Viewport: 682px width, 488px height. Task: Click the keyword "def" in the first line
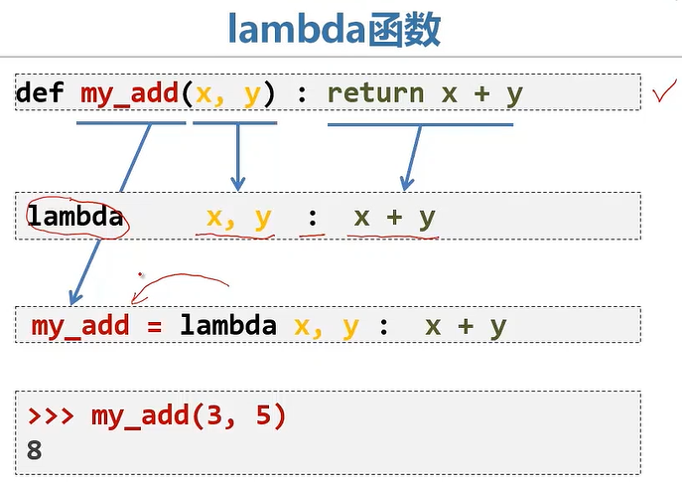point(41,93)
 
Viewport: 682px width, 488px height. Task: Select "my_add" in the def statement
point(128,93)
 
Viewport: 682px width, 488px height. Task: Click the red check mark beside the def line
point(664,94)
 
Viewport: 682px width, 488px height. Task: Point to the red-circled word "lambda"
point(75,216)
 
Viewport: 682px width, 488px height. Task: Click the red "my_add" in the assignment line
point(80,326)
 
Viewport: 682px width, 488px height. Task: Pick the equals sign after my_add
point(155,326)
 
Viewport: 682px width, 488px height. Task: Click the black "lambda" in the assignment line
point(228,326)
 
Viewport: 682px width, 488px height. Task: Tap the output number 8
point(35,449)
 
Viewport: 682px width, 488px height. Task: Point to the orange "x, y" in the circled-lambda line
point(238,217)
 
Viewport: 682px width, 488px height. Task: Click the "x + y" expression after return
point(480,93)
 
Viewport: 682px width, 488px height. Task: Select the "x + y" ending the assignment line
point(465,326)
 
